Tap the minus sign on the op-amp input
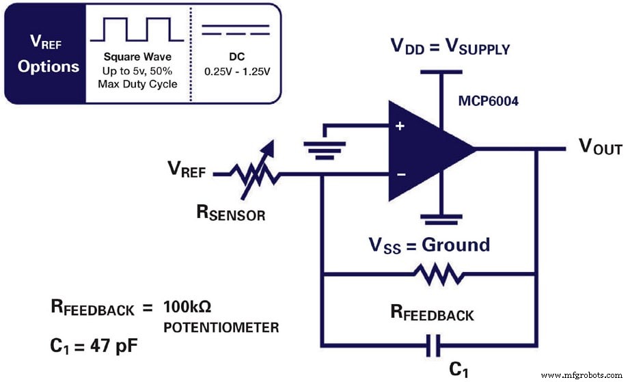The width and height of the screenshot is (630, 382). click(401, 174)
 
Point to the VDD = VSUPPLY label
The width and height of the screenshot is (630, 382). click(450, 48)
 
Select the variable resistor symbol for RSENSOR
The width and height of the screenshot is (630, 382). click(255, 171)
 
